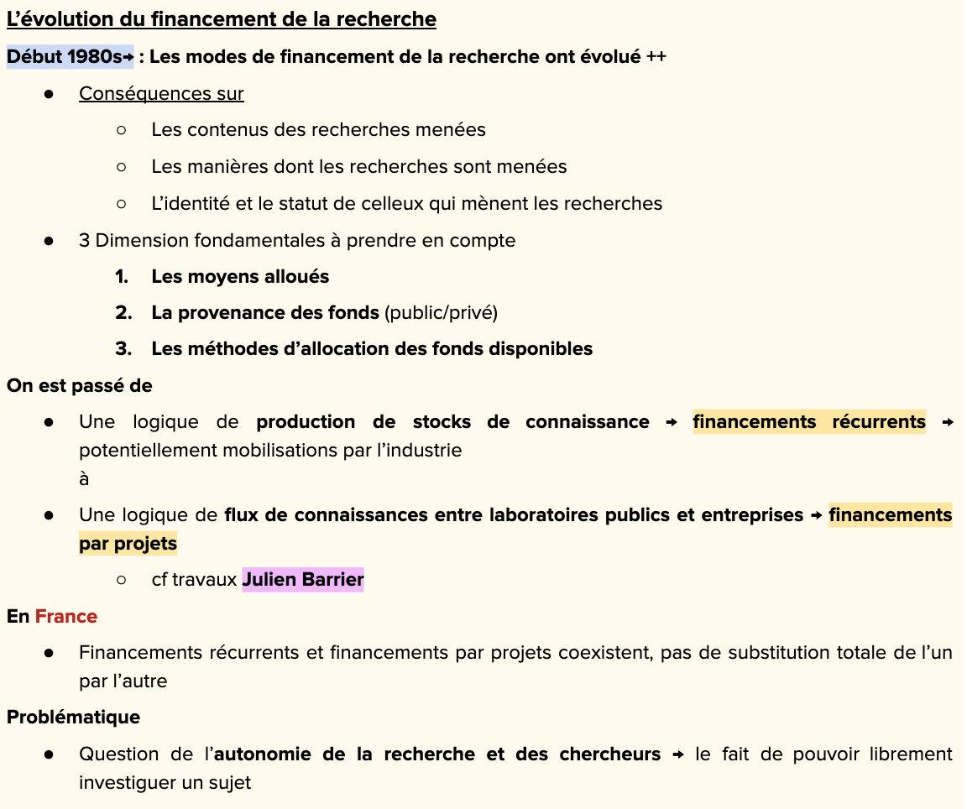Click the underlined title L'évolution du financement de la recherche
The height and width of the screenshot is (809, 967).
point(222,18)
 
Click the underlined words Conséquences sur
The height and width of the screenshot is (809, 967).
point(161,93)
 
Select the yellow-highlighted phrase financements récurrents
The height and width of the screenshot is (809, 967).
point(809,421)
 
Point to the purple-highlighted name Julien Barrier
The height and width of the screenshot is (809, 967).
point(303,579)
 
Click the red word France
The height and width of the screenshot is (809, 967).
point(66,616)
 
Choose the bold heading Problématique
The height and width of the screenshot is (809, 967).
point(74,717)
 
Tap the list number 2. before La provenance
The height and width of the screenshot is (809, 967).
point(123,312)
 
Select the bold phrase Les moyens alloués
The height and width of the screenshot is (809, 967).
point(240,276)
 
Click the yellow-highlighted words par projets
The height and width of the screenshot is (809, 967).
point(128,543)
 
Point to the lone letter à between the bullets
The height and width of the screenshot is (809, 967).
point(84,478)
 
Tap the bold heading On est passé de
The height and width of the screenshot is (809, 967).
point(80,385)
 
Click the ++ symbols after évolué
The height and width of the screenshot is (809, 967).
point(656,57)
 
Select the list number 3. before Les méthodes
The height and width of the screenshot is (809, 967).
point(123,348)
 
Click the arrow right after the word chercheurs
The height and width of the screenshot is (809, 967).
point(678,754)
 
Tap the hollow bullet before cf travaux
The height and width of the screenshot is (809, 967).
point(122,579)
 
